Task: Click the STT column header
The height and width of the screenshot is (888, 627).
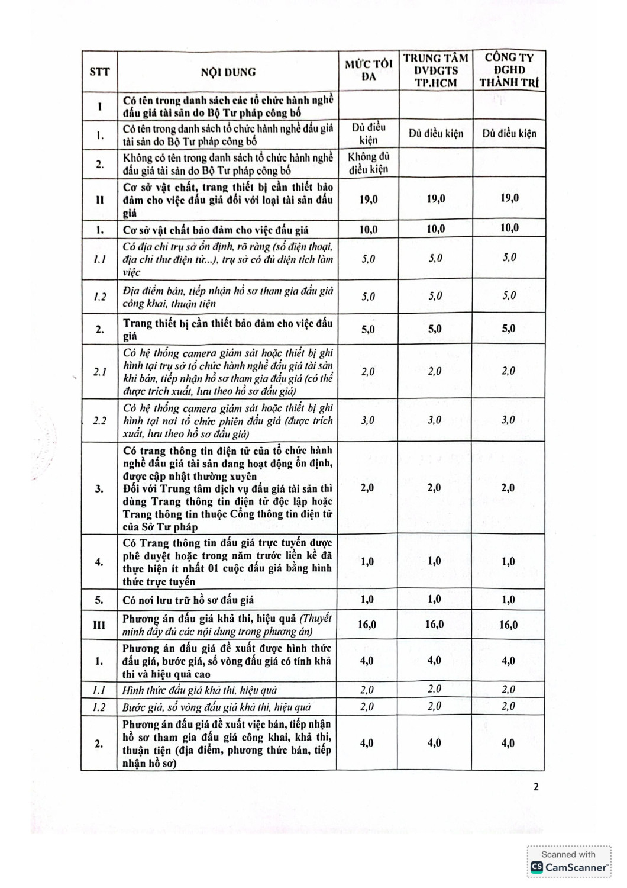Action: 99,72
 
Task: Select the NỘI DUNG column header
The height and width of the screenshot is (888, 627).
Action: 228,72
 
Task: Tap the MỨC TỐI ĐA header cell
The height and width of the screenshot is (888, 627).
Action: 369,70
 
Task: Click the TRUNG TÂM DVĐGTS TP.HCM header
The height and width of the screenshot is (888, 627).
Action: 436,70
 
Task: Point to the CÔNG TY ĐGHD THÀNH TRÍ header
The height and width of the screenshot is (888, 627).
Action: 509,70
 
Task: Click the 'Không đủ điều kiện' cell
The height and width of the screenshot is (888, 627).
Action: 368,163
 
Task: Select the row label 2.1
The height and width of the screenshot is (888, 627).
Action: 99,372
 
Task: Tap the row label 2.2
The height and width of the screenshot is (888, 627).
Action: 99,420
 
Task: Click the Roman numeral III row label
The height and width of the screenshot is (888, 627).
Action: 99,625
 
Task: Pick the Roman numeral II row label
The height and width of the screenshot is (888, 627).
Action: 99,200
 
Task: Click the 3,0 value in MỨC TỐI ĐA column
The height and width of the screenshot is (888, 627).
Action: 368,420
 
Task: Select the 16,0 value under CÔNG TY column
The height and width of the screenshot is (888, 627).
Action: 508,625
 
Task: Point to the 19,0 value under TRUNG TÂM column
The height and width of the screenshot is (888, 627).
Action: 435,199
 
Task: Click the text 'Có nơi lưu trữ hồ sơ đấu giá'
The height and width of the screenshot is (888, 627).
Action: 188,600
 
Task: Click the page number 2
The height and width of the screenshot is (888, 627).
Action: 536,787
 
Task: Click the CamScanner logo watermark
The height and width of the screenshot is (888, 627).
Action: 569,867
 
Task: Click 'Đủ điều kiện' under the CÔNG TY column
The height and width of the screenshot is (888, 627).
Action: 509,134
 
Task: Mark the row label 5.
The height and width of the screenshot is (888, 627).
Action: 99,600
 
